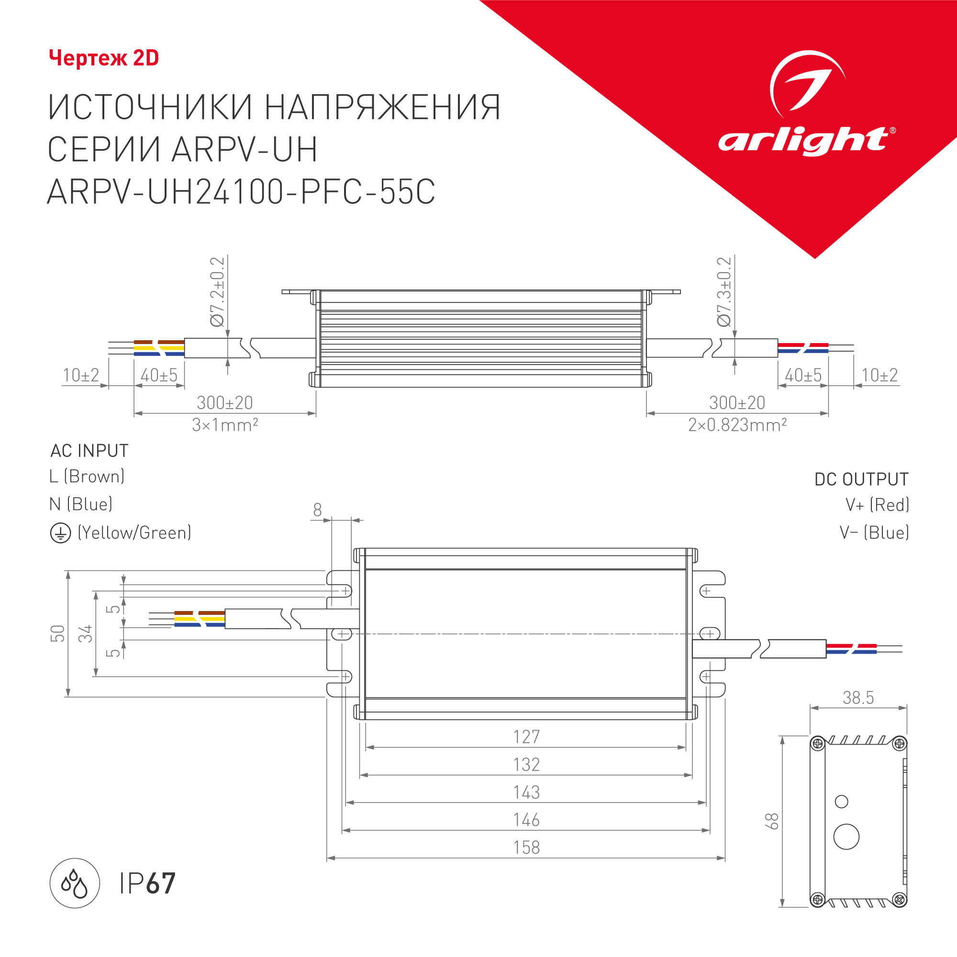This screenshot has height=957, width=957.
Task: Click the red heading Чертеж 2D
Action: click(x=104, y=58)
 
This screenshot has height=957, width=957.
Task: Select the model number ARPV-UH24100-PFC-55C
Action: click(x=241, y=192)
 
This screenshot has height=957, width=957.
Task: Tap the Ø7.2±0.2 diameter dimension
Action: click(x=217, y=292)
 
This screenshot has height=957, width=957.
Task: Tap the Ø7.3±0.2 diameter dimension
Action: click(x=724, y=292)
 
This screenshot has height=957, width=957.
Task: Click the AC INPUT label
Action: click(x=89, y=451)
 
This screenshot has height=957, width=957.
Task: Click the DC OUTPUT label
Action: click(x=861, y=479)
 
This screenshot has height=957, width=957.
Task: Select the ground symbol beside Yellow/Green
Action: click(x=60, y=534)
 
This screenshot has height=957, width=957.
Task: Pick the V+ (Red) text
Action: click(x=877, y=505)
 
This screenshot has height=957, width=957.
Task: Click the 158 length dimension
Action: click(x=526, y=847)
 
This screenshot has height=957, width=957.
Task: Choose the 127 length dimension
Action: click(x=526, y=736)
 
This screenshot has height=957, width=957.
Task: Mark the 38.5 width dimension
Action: click(x=858, y=698)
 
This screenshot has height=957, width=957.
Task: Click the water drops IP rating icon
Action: click(x=75, y=883)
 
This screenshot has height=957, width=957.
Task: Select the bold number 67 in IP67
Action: click(x=161, y=884)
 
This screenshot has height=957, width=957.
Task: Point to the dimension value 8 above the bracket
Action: click(x=318, y=510)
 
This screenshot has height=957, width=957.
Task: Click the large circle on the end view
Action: click(x=846, y=836)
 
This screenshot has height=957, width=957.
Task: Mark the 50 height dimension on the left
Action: click(x=58, y=634)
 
